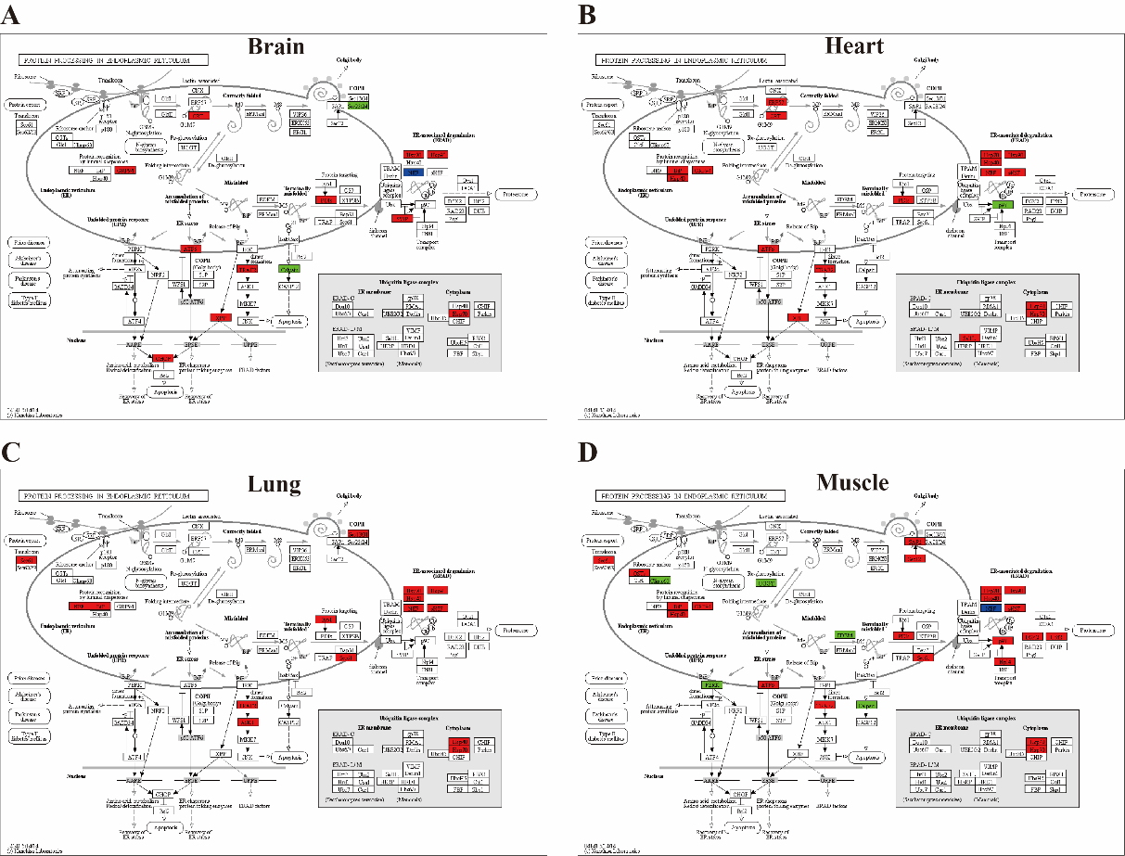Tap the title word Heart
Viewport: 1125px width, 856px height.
[x=854, y=45]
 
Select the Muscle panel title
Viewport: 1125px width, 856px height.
[x=852, y=482]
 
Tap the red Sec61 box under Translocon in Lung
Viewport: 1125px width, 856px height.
[x=25, y=560]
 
